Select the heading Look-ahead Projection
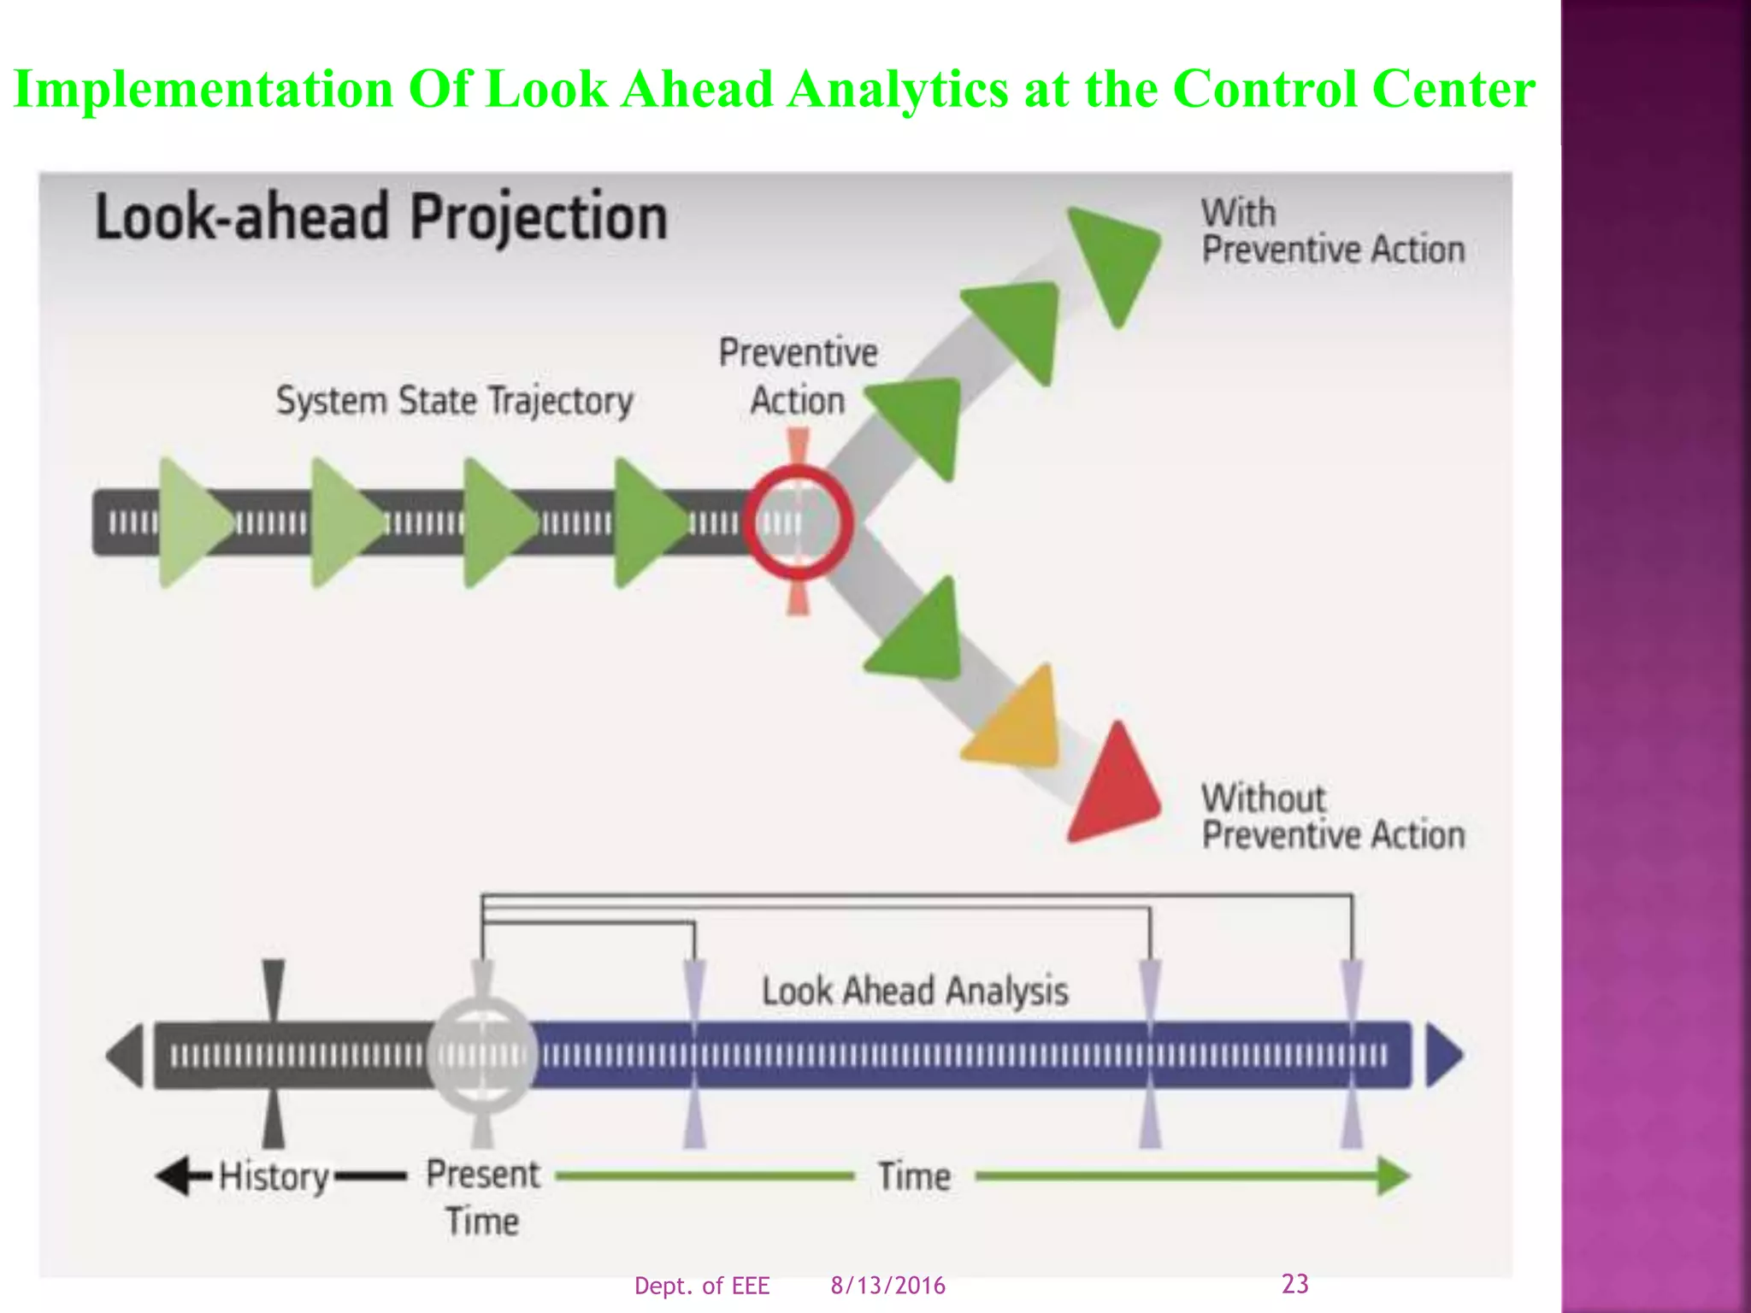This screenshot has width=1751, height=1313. point(381,217)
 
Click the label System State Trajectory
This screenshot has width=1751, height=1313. point(454,401)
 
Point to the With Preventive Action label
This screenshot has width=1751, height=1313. point(1332,232)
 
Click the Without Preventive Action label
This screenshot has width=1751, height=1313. point(1332,817)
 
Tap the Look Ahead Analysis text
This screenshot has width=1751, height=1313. point(915,992)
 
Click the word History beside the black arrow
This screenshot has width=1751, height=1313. point(274,1177)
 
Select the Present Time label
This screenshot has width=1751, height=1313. point(483,1197)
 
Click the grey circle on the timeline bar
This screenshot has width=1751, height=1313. point(482,1055)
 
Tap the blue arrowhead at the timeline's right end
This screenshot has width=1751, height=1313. point(1443,1055)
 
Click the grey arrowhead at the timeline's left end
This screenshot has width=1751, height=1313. point(127,1055)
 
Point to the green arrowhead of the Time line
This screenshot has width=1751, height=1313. point(1394,1176)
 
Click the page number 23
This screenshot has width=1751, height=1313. point(1294,1283)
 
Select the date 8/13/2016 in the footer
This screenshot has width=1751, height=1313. point(887,1286)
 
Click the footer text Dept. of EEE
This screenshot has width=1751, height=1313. point(702,1286)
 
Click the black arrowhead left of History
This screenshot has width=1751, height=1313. point(174,1176)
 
